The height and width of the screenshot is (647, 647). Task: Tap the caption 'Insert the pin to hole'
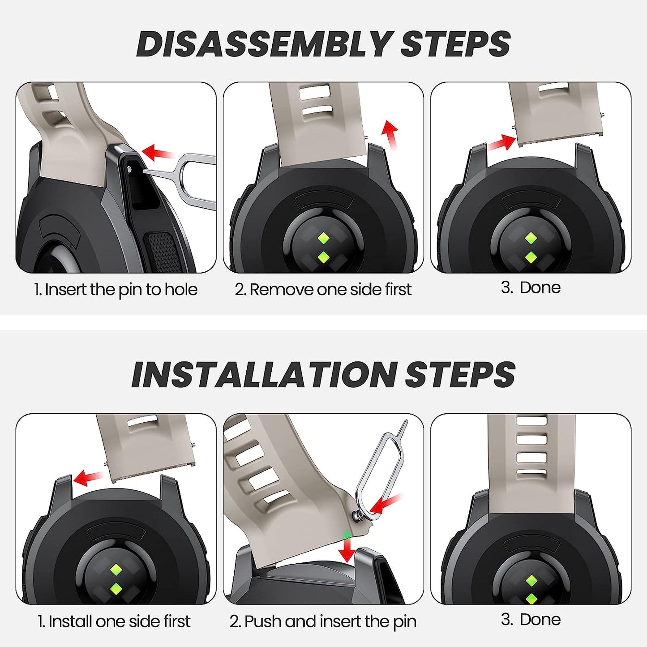(121, 289)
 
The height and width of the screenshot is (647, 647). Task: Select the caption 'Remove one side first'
(330, 289)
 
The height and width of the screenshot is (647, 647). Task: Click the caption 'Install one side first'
(120, 621)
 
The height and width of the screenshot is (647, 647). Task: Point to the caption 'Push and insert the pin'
(330, 621)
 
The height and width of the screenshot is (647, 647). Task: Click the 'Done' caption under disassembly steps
(540, 288)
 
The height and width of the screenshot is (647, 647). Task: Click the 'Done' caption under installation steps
(540, 620)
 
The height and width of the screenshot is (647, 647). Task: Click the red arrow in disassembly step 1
(157, 153)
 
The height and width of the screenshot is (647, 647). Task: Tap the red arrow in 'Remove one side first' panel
(390, 134)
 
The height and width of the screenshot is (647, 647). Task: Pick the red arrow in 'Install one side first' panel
(88, 477)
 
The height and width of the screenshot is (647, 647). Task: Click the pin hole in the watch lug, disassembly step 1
(129, 167)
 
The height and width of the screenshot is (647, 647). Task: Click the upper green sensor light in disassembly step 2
(323, 238)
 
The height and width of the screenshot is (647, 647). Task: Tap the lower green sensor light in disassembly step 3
(531, 257)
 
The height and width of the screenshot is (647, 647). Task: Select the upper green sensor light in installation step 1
(116, 570)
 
